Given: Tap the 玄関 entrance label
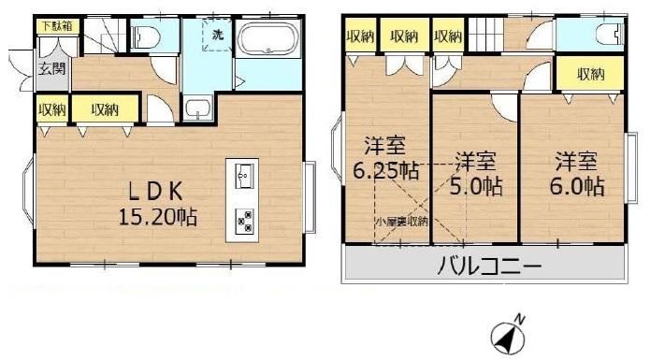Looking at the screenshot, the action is (x=52, y=67).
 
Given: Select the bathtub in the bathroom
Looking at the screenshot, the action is (x=268, y=38).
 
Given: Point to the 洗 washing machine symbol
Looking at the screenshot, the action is (x=218, y=36).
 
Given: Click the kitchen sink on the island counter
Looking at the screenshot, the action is (x=244, y=176).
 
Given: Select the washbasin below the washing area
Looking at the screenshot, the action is (x=198, y=108).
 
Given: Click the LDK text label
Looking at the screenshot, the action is (x=155, y=192).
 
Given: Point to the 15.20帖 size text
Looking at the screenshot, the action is (x=158, y=216).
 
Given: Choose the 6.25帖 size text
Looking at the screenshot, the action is (x=385, y=169).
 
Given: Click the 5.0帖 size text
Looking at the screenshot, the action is (x=476, y=186).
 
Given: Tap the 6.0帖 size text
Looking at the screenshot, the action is (x=577, y=186).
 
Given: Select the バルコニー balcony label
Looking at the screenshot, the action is (x=489, y=266).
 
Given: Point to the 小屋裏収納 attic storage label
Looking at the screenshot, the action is (x=401, y=222).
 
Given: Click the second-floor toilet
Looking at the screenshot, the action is (x=611, y=34).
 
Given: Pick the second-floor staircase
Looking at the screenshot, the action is (x=486, y=35).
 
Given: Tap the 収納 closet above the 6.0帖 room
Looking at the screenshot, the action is (x=590, y=74).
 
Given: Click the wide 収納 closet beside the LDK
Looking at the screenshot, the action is (x=105, y=109).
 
